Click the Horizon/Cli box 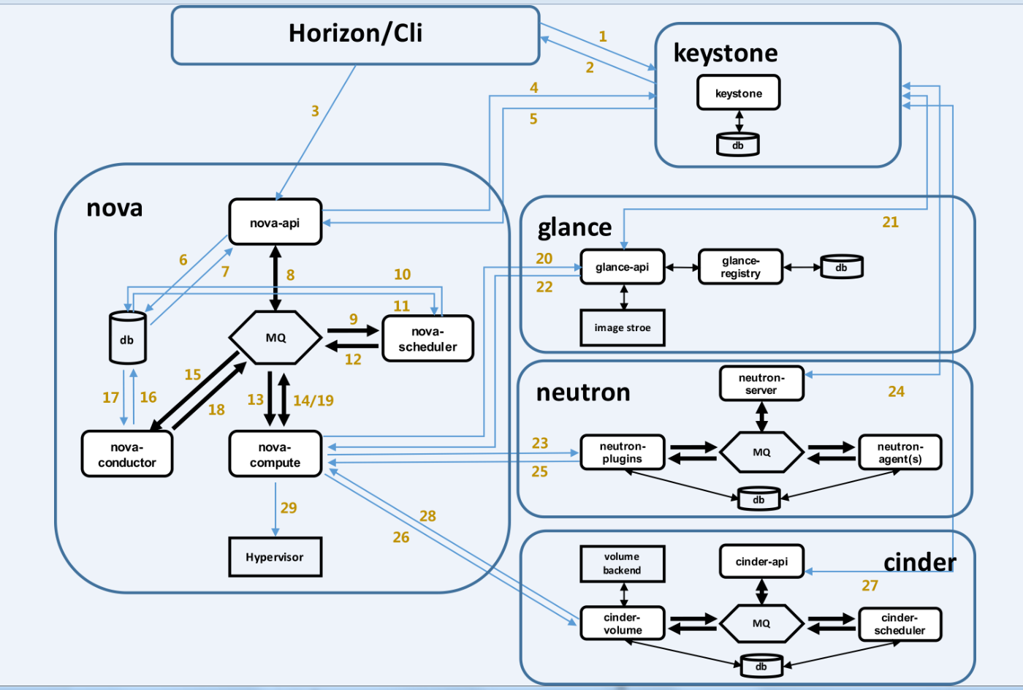[355, 35]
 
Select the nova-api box [275, 222]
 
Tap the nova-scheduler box [427, 339]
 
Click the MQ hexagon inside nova [275, 338]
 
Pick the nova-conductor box [127, 455]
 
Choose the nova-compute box [275, 455]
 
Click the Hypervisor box [275, 557]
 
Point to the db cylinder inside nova [127, 338]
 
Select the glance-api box [622, 267]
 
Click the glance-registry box [740, 267]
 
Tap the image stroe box [622, 327]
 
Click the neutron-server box [761, 384]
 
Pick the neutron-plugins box [622, 452]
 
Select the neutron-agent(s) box [900, 452]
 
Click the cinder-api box [761, 561]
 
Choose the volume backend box [622, 564]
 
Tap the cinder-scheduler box [900, 624]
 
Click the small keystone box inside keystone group [738, 93]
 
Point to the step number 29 [289, 508]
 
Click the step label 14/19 [313, 401]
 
